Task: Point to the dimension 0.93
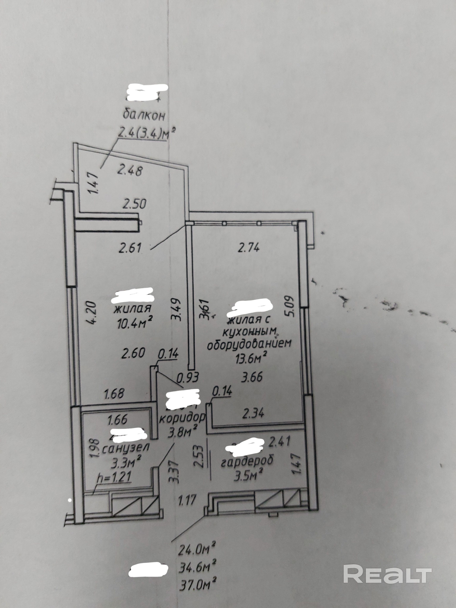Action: point(188,377)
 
